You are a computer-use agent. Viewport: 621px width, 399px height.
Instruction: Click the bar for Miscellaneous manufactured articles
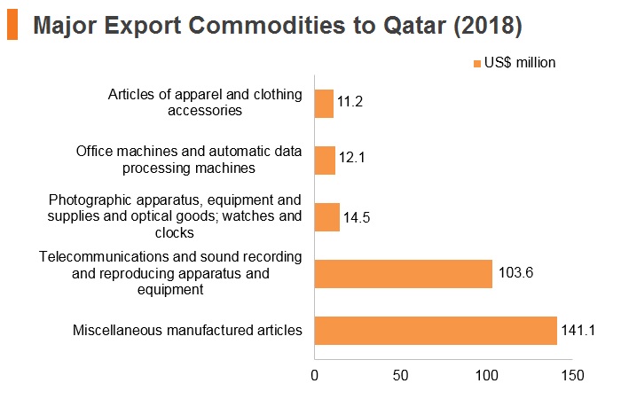coord(436,331)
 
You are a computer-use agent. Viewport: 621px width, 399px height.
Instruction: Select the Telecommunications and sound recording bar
coord(404,274)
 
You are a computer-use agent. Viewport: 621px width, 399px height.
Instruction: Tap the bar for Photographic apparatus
coord(327,217)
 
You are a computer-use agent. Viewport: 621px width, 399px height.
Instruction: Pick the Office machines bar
coord(326,160)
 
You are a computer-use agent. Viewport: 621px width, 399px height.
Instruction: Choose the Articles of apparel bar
coord(325,104)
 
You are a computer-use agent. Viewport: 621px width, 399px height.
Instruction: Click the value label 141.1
coord(578,330)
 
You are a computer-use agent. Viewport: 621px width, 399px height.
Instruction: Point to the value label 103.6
coord(515,273)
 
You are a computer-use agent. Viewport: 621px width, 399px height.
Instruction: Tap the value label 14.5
coord(357,217)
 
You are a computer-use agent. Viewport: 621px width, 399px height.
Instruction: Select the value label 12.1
coord(351,158)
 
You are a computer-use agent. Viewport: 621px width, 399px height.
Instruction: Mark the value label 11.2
coord(350,101)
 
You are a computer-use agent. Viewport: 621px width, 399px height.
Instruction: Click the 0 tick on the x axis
coord(314,375)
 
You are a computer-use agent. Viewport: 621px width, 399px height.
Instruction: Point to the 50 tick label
coord(400,375)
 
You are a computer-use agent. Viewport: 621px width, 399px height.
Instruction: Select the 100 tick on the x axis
coord(486,375)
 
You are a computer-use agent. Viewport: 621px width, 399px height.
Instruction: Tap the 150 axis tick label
coord(573,375)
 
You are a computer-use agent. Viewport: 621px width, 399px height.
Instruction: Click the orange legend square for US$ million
coord(477,63)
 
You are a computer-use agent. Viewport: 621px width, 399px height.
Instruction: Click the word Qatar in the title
coord(414,26)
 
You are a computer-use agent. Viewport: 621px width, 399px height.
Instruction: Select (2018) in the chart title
coord(488,26)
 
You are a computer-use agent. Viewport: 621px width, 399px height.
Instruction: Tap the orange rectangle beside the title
coord(12,24)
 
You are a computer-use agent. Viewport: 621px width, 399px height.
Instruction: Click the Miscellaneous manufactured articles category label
coord(187,330)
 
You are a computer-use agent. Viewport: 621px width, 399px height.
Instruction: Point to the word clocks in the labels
coord(174,232)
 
